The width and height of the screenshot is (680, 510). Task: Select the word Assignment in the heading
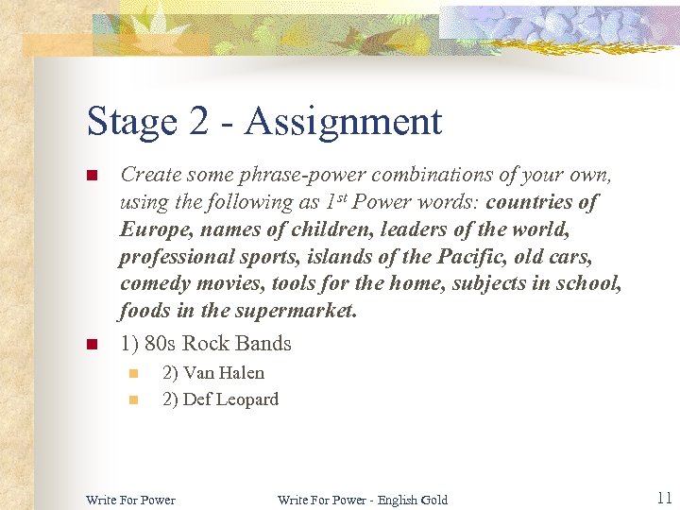tap(343, 123)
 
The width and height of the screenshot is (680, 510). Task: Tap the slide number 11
tap(663, 498)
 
